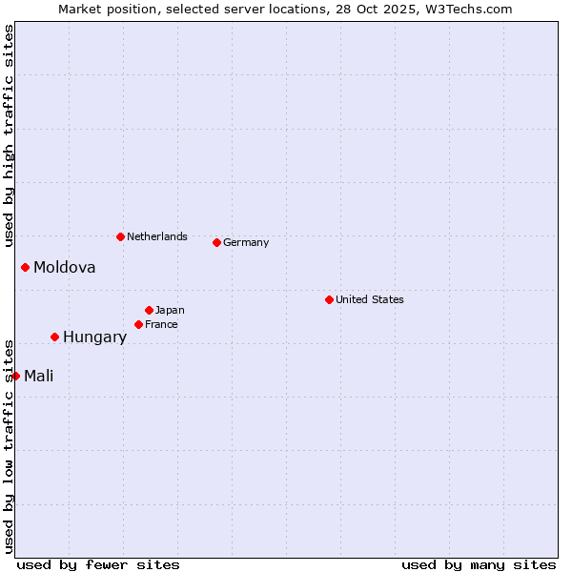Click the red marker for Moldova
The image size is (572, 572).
click(x=25, y=267)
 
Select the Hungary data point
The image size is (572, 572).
click(x=54, y=337)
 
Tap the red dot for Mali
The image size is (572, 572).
click(x=15, y=376)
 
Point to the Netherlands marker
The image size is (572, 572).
click(x=120, y=236)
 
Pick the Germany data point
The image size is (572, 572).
click(x=216, y=242)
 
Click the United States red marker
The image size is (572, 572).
click(x=329, y=299)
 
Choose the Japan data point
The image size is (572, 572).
click(x=149, y=310)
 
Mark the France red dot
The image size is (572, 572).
click(x=138, y=324)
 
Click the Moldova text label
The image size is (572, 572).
click(x=64, y=268)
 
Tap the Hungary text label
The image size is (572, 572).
click(x=94, y=337)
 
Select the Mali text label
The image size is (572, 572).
click(x=38, y=377)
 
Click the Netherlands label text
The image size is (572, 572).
click(x=156, y=236)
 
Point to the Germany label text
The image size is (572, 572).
click(x=246, y=242)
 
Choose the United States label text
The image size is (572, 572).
click(x=369, y=299)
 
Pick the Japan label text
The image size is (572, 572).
click(x=170, y=310)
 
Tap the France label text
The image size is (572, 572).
click(x=161, y=324)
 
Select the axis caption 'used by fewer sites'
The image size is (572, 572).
click(x=98, y=564)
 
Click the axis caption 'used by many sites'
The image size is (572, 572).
click(x=479, y=564)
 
